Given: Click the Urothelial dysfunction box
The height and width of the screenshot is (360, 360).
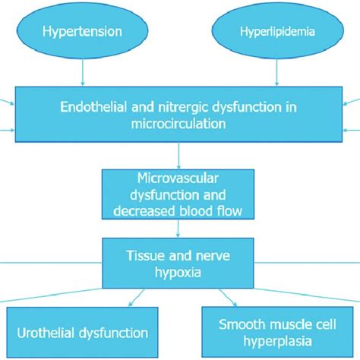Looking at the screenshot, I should [82, 333].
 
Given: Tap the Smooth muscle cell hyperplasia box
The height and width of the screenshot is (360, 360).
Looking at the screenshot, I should [278, 333].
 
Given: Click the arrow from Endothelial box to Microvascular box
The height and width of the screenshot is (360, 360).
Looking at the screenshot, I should [178, 155].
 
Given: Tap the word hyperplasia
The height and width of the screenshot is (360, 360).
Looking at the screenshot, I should [278, 343].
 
